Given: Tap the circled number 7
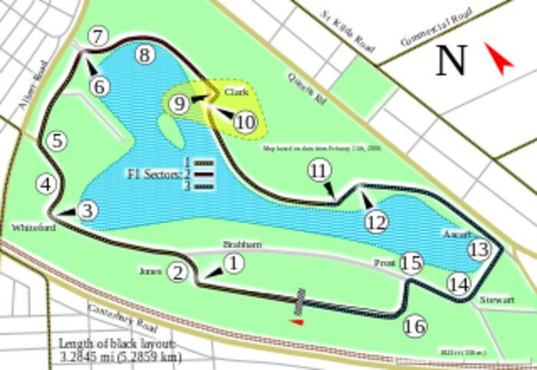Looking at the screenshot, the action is [99, 35].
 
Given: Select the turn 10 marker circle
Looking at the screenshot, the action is [245, 122].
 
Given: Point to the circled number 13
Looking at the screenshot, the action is [479, 249].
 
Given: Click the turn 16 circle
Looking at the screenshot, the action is [414, 326].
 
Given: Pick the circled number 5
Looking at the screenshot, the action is [56, 140].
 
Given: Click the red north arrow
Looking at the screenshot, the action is [499, 59].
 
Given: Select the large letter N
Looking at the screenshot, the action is [451, 61].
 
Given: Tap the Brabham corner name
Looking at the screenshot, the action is [242, 244].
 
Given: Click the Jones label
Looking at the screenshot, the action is [150, 271].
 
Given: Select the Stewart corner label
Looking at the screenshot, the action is [496, 300].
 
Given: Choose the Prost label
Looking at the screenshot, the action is [384, 262].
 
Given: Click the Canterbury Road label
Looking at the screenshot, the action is [123, 321].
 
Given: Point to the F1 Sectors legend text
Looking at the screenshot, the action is [154, 174].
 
